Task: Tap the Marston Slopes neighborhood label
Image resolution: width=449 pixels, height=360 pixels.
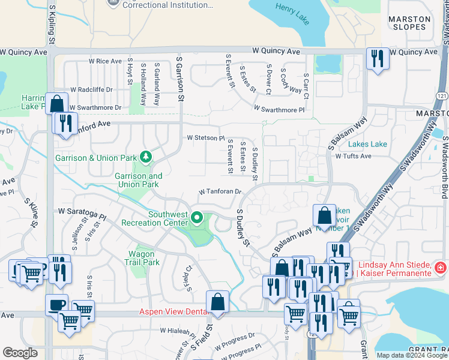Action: [409, 23]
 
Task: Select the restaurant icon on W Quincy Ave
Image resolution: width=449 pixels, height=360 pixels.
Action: [378, 59]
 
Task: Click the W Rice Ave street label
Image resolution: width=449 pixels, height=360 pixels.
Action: [106, 61]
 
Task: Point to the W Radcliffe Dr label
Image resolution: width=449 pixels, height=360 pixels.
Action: [91, 89]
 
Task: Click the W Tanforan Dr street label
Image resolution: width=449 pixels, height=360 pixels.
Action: [220, 192]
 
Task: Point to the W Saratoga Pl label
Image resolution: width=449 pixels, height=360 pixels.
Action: [82, 212]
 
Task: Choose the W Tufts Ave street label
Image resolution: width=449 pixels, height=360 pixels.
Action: [354, 156]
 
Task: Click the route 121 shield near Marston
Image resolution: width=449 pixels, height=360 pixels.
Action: [442, 97]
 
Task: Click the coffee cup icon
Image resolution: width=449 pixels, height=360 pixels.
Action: [56, 304]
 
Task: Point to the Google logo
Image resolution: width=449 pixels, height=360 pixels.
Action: [20, 353]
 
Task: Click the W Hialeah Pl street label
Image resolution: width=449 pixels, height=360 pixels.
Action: [179, 331]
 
